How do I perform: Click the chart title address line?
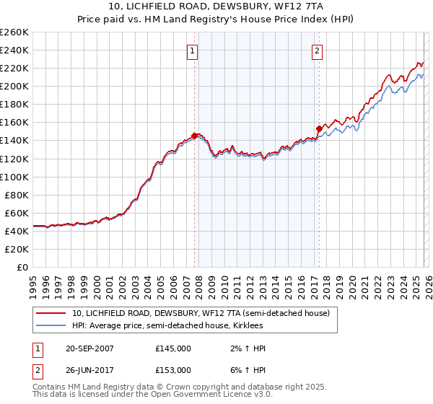pos(216,6)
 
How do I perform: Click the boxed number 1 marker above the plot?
pos(193,50)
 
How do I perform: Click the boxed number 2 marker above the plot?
pos(318,50)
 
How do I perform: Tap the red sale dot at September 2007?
pos(195,136)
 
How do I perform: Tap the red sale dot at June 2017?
pos(319,128)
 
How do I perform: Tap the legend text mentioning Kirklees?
pos(172,325)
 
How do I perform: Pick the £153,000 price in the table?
pos(172,370)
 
